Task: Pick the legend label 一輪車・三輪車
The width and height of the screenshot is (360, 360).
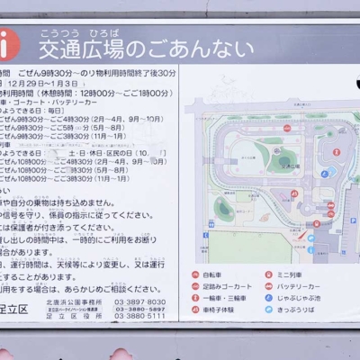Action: tap(221, 298)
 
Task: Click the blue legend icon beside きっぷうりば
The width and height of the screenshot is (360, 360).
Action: tap(267, 310)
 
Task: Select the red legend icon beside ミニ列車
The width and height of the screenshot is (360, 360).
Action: tap(267, 273)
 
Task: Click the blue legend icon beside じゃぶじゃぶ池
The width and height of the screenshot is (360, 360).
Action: tap(267, 298)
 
